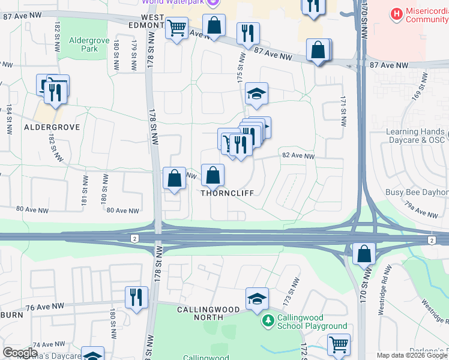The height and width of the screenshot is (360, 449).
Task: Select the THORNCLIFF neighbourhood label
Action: (227, 193)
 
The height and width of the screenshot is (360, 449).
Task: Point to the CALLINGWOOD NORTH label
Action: (208, 310)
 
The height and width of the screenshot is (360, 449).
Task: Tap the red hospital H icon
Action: (396, 13)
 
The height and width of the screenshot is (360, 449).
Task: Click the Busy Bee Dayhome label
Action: (417, 193)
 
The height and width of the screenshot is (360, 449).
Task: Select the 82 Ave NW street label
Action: (298, 156)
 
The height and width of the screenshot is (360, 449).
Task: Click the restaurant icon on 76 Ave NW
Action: (136, 297)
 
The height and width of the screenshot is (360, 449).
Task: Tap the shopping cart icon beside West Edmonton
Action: (176, 28)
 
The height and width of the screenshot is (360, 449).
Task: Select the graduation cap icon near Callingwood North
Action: (256, 298)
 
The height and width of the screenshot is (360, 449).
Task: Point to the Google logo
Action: (20, 352)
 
